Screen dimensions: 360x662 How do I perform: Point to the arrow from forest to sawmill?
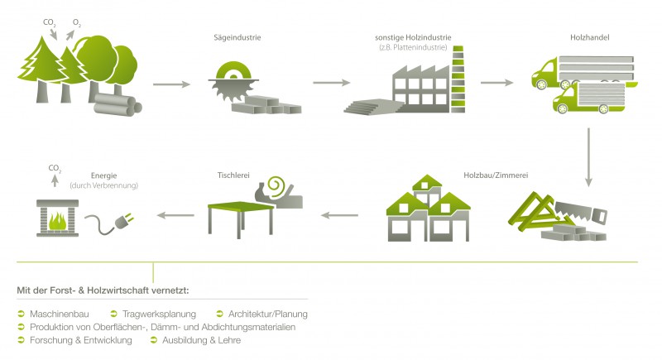[x=172, y=84]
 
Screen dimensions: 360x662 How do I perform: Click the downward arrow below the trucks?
[x=588, y=157]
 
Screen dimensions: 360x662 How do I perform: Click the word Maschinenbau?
[x=60, y=314]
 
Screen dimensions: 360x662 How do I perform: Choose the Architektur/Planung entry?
[x=267, y=314]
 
